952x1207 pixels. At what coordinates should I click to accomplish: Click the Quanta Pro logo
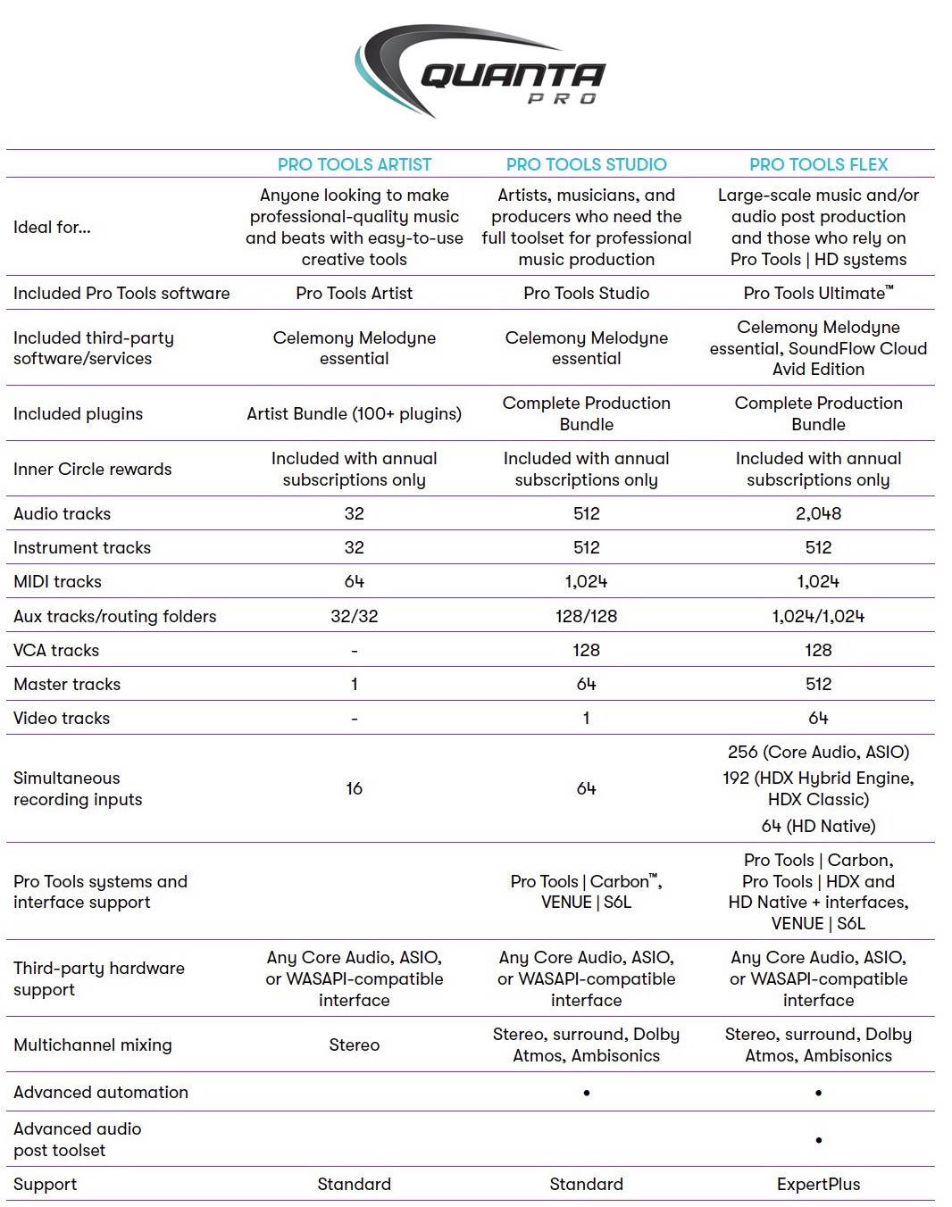click(480, 71)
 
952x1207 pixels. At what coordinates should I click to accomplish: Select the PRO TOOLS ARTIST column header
click(354, 164)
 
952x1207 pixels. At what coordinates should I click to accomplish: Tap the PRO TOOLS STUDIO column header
click(586, 164)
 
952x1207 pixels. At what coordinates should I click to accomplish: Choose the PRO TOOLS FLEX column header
click(818, 164)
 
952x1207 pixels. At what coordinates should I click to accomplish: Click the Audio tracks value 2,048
click(818, 513)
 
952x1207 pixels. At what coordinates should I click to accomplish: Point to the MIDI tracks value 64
click(354, 581)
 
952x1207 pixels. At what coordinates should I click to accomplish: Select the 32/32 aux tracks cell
click(354, 616)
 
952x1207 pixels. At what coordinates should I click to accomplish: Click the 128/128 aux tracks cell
click(586, 616)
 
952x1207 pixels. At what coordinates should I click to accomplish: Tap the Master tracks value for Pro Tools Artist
click(354, 684)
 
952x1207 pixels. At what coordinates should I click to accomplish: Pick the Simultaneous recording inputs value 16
click(354, 788)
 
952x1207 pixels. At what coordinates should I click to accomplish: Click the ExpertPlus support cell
click(818, 1184)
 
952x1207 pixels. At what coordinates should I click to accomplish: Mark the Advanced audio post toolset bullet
click(818, 1140)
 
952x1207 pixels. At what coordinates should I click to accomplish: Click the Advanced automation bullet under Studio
click(586, 1093)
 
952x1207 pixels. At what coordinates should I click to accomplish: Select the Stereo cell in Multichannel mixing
click(354, 1045)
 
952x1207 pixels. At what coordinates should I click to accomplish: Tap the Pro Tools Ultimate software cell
click(818, 293)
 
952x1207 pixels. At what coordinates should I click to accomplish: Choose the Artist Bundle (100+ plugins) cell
click(354, 413)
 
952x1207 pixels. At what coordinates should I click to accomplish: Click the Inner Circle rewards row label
click(93, 469)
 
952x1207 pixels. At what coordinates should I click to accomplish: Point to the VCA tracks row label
click(56, 650)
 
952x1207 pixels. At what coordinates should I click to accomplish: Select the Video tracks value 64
click(818, 718)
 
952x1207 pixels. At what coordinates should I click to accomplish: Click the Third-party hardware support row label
click(99, 978)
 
